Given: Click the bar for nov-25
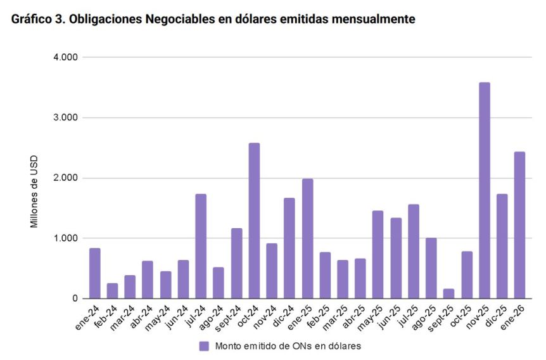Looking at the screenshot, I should click(484, 190).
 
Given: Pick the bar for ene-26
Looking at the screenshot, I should click(519, 225).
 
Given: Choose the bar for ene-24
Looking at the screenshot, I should click(94, 273).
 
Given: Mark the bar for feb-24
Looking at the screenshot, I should click(112, 291).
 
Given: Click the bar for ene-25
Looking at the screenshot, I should click(307, 238).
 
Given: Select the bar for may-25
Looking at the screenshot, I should click(378, 254).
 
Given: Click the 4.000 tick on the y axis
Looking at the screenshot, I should click(65, 58).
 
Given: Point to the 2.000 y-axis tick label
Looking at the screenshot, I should click(65, 178).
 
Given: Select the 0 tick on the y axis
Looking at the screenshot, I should click(74, 299).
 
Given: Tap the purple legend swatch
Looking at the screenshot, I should click(204, 346).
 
